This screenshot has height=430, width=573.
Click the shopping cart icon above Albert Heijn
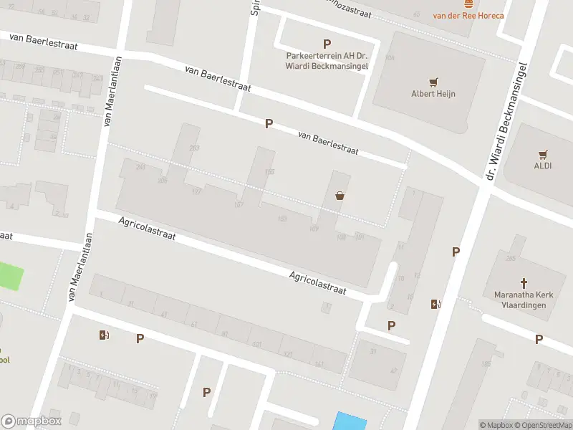click(x=433, y=82)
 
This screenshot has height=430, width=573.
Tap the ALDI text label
click(x=543, y=166)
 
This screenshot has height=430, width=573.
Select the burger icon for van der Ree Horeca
click(x=468, y=4)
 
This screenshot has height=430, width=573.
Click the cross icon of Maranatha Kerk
click(x=523, y=283)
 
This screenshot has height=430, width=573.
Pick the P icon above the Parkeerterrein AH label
click(x=327, y=44)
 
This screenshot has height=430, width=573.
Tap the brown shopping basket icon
click(x=340, y=195)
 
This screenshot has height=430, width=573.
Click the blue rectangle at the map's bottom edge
click(x=350, y=421)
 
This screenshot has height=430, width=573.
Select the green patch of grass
click(x=10, y=277)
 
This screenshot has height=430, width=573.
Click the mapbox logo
click(x=32, y=421)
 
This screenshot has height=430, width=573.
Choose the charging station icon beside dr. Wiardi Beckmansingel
click(x=435, y=304)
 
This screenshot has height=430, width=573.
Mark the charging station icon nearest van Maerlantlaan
click(x=105, y=335)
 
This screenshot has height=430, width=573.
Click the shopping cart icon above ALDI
click(x=543, y=154)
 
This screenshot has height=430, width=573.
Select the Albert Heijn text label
click(x=433, y=93)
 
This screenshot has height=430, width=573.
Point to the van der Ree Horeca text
click(x=468, y=15)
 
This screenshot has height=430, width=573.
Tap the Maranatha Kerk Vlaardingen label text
click(x=520, y=300)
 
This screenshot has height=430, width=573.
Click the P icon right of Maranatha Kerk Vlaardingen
click(x=539, y=339)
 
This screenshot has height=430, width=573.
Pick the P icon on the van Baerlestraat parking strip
click(x=269, y=123)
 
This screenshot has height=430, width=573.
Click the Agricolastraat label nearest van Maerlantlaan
click(x=147, y=229)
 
